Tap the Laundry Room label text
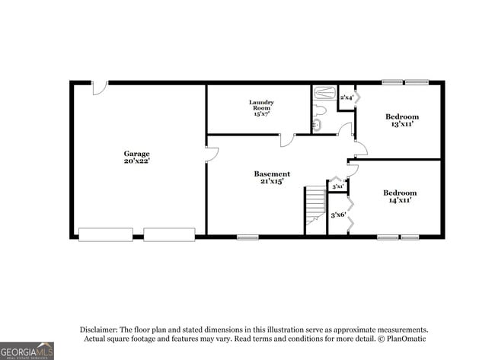(261, 107)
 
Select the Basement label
(272, 174)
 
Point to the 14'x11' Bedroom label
(400, 196)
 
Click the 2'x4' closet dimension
(346, 97)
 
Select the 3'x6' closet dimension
(337, 215)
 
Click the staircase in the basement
(315, 209)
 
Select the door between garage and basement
(212, 154)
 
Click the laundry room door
(287, 140)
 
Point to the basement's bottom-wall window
(247, 237)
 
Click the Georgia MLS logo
(27, 351)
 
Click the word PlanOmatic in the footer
(408, 338)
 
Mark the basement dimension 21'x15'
(272, 182)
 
